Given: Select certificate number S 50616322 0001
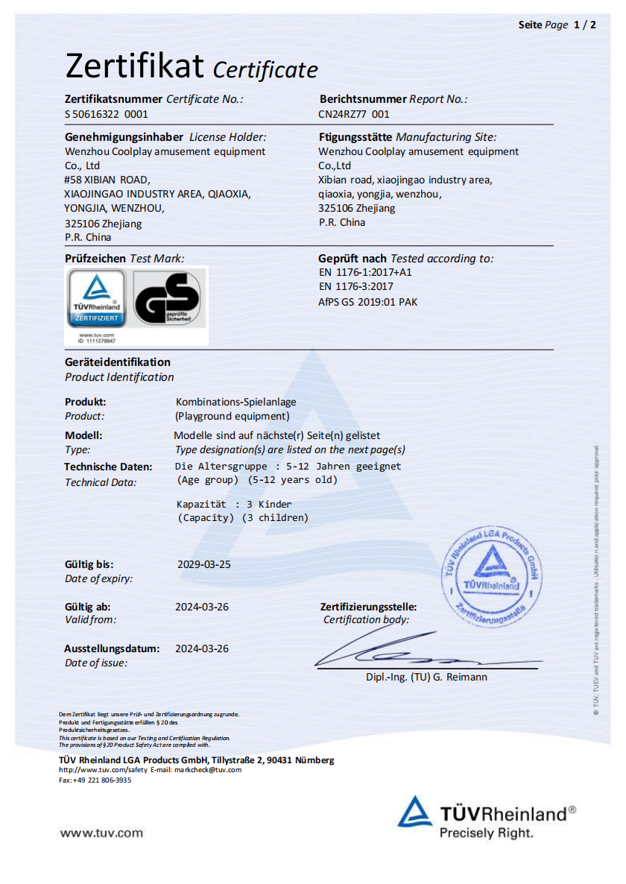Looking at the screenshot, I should (x=107, y=114).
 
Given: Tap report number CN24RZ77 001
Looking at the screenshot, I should (x=354, y=114).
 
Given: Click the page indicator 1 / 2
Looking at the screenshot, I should (x=584, y=25).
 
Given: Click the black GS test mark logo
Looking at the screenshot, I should (x=167, y=298).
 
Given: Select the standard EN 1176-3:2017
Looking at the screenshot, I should (x=356, y=286).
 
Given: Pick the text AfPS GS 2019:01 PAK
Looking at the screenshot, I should (x=368, y=302).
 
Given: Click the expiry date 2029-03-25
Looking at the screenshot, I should (x=204, y=564).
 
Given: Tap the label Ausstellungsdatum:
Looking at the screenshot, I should (x=112, y=648).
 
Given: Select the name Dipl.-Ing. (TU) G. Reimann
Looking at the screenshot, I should (x=426, y=677).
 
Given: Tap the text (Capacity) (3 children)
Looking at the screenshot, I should (x=242, y=517).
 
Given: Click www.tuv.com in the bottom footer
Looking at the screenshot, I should (x=101, y=833).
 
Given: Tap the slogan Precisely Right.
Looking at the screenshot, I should (x=486, y=833).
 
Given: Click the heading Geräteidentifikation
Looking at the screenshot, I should (x=118, y=362).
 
